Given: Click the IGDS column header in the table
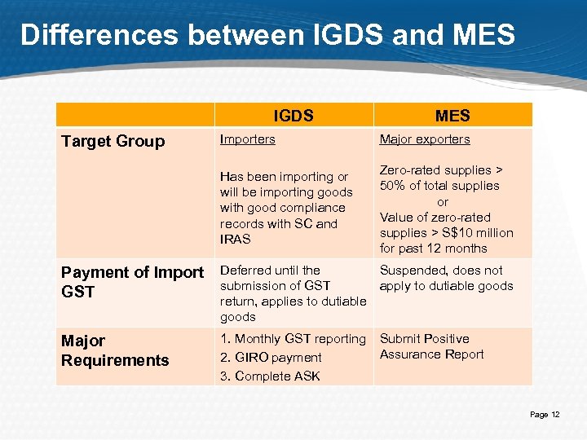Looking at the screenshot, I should (x=293, y=115).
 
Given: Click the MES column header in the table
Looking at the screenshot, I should (x=452, y=115).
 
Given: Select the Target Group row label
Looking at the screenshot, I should (x=113, y=141).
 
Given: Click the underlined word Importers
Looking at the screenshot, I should (x=247, y=139).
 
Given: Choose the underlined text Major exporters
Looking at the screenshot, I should (x=425, y=139).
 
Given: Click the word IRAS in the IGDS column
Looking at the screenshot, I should (x=236, y=240).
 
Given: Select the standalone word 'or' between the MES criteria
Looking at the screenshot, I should (x=443, y=201).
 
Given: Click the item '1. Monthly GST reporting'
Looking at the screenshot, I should (x=293, y=339).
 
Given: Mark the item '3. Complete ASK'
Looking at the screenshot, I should (x=270, y=376).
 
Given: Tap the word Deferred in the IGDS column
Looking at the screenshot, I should (x=247, y=271).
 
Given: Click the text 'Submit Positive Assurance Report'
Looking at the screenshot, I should (x=431, y=346).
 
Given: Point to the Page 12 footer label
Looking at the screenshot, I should (x=545, y=415).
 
